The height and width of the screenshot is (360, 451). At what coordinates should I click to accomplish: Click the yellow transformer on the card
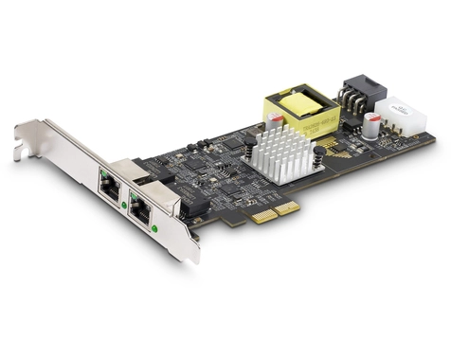click(300, 108)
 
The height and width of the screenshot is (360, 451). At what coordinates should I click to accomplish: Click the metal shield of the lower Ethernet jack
click(152, 195)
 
